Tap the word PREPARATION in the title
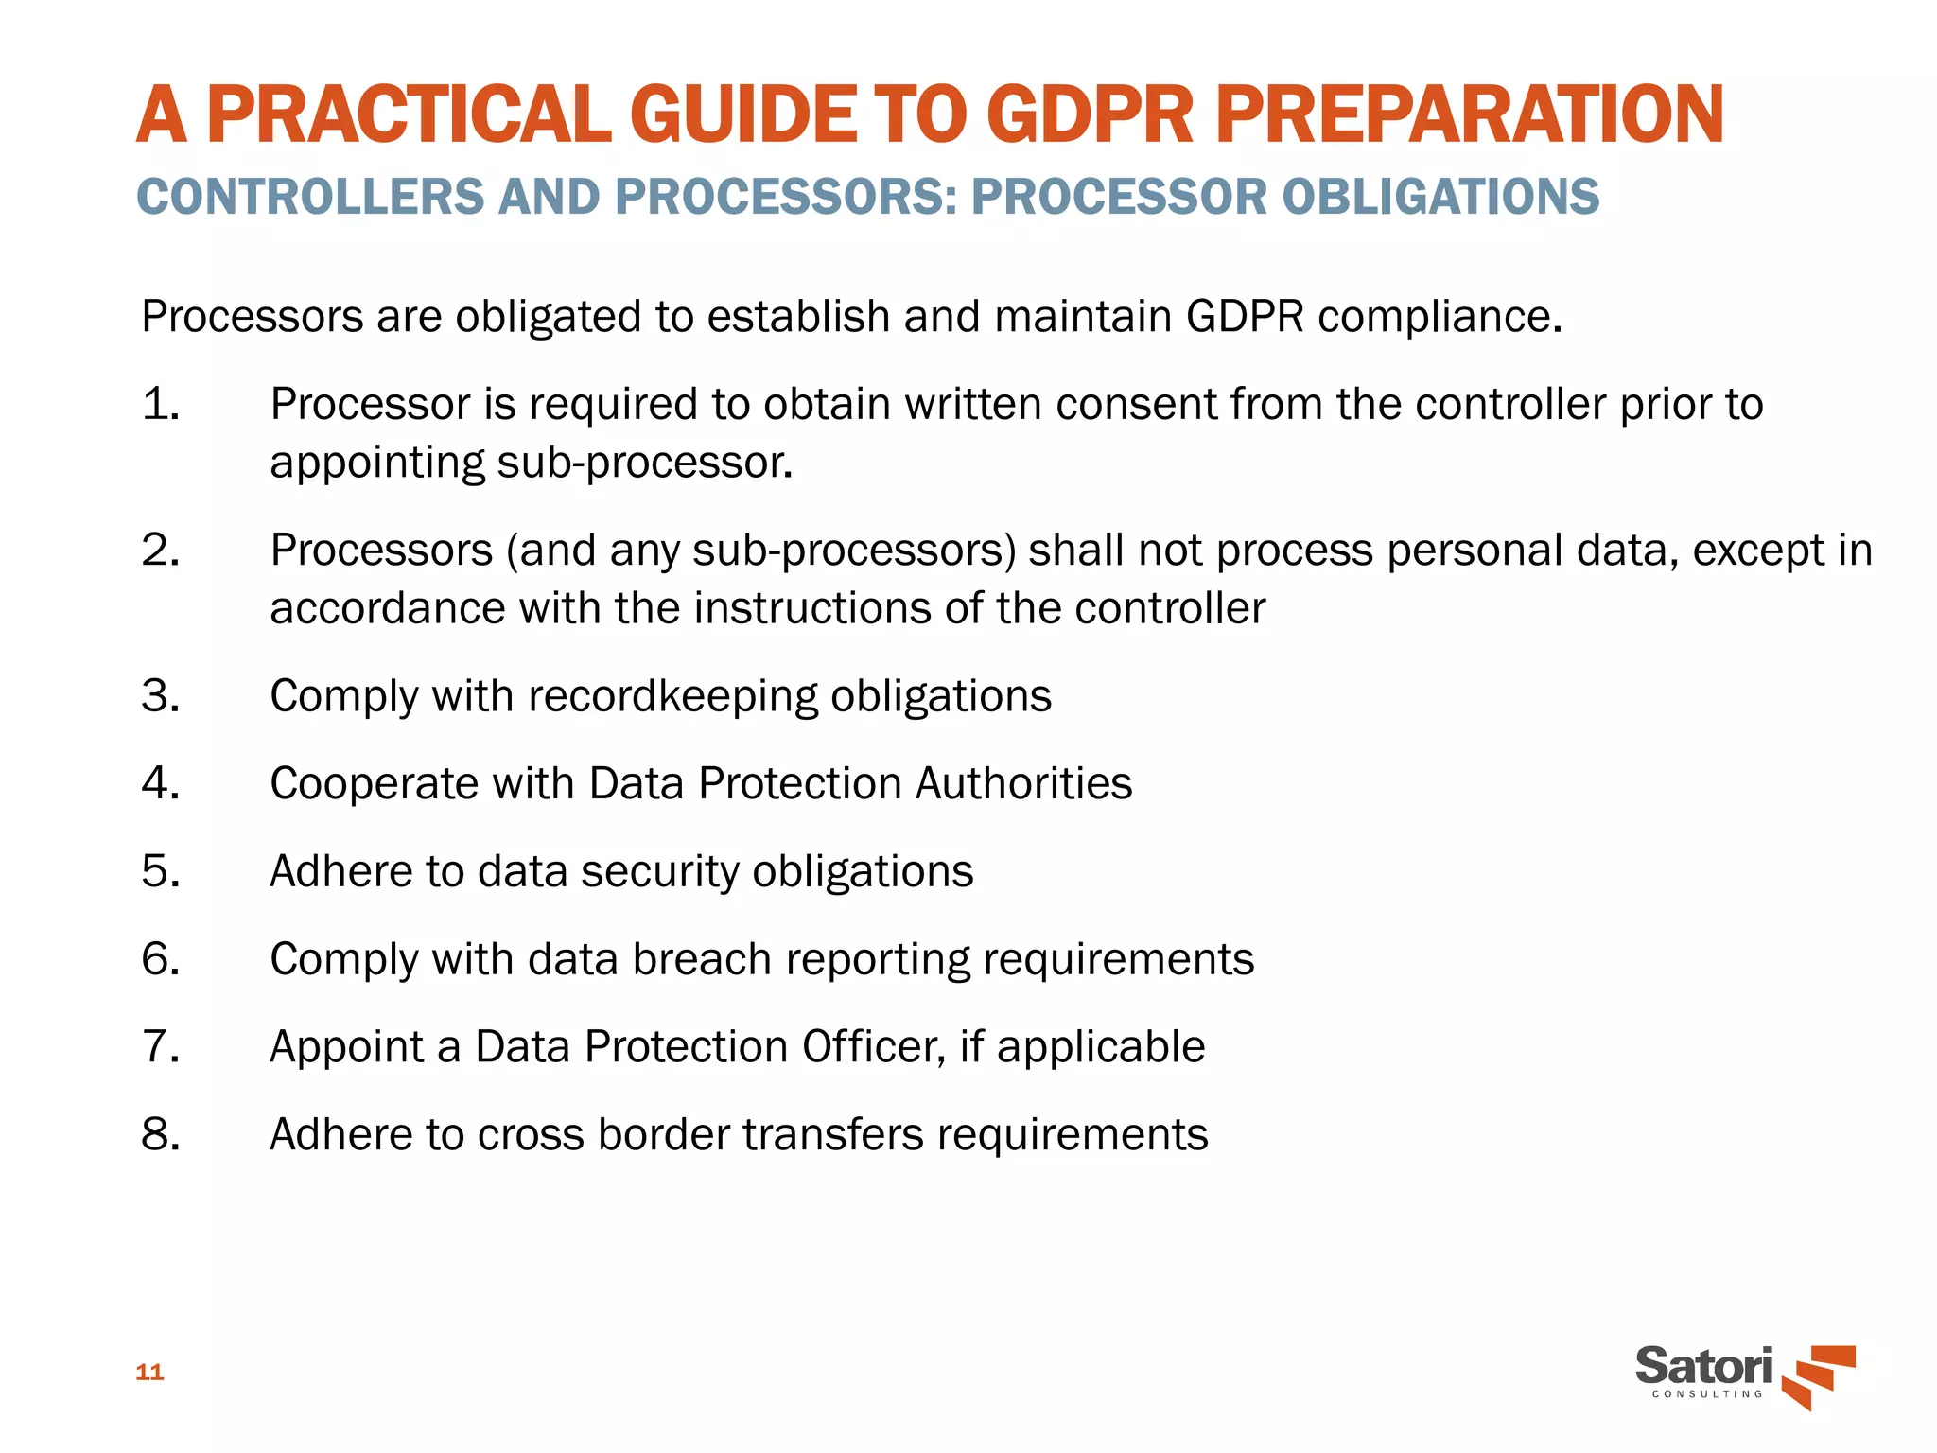[x=1469, y=114]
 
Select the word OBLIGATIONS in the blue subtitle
[x=1440, y=197]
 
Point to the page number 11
[x=149, y=1372]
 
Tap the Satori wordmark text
[x=1703, y=1366]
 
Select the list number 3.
[x=161, y=696]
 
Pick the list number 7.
[x=161, y=1047]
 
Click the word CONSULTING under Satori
[x=1707, y=1394]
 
